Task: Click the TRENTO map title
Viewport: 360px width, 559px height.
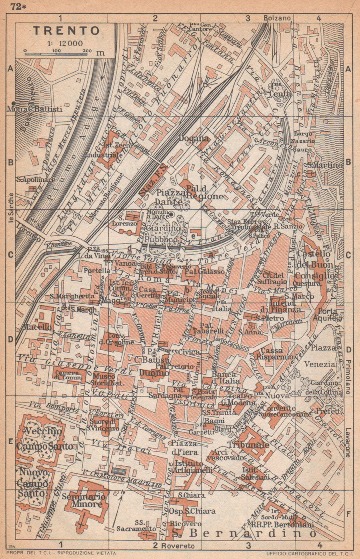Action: point(66,31)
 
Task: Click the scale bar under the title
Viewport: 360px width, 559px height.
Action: point(56,54)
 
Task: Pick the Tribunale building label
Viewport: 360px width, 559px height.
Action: point(249,445)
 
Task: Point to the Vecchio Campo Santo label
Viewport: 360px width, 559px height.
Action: point(44,439)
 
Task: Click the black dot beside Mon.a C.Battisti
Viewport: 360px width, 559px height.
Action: point(13,103)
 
